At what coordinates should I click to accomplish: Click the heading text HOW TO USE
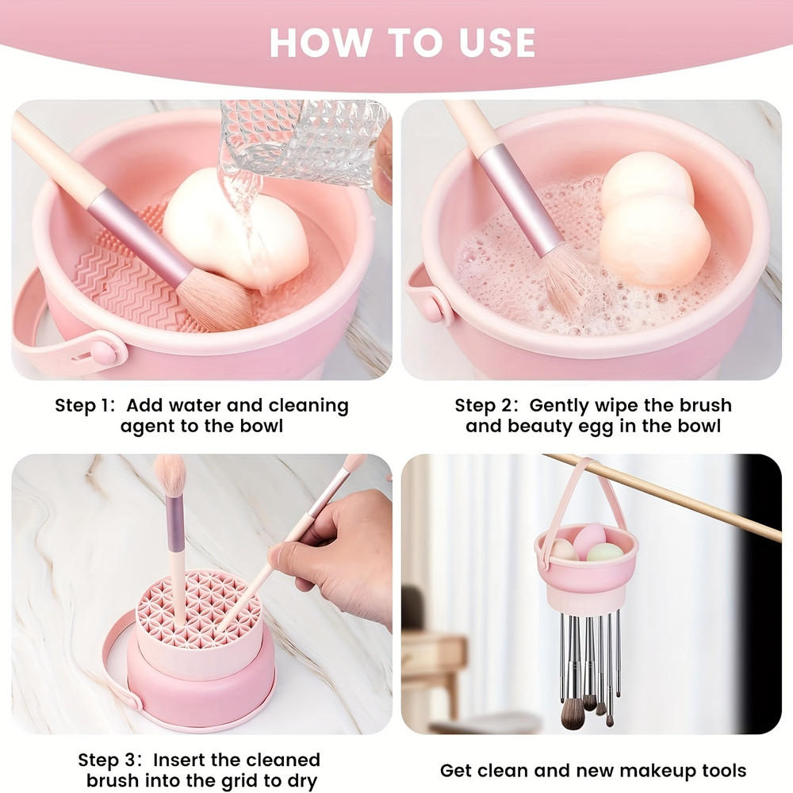point(403,43)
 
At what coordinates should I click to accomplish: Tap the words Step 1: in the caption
point(85,406)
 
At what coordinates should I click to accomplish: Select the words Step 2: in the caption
point(485,406)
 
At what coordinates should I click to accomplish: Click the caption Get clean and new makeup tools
point(593,770)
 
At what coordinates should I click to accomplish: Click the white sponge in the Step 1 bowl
point(238,230)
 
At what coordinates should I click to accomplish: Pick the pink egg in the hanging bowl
point(588,539)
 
